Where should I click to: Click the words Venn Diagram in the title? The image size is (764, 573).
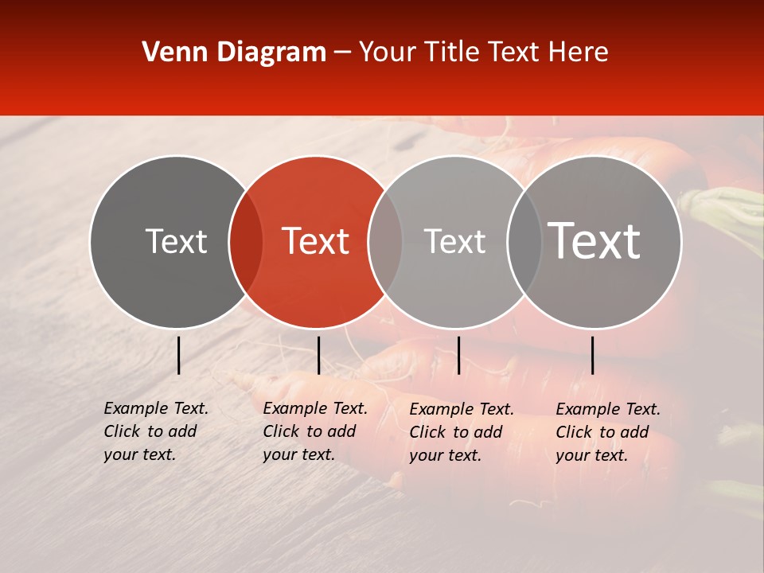234,53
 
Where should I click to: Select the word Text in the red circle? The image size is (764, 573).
316,241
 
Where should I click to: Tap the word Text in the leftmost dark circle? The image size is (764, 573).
176,241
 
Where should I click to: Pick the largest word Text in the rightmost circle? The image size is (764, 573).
594,240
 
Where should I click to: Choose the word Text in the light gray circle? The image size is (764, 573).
454,241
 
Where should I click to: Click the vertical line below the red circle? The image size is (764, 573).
318,355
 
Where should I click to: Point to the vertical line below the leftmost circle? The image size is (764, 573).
178,355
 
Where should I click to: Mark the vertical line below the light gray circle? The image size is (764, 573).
458,355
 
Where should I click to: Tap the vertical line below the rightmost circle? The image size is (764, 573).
592,355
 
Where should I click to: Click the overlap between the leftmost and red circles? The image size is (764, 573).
246,241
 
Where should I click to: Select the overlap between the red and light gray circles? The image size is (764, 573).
385,241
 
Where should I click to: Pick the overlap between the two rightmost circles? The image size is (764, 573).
524,241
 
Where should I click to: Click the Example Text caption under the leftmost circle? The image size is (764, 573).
156,431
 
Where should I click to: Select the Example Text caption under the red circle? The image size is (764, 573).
315,431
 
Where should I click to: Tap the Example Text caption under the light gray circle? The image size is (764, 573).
462,432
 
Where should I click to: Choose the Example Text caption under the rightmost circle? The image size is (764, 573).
608,432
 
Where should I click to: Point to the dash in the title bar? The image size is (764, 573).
342,53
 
